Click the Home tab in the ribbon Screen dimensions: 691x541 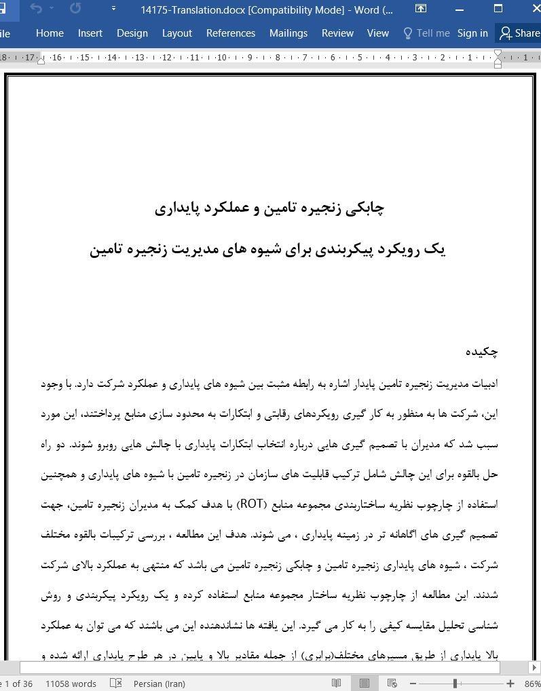[50, 33]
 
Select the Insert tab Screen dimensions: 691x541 [90, 33]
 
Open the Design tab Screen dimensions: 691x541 [132, 33]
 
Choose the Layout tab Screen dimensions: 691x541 [176, 33]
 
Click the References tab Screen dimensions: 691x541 [231, 33]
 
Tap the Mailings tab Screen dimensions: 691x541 [288, 33]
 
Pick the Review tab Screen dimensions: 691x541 [337, 33]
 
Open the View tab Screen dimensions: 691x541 [377, 33]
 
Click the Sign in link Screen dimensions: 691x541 [472, 33]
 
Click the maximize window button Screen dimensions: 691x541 [498, 10]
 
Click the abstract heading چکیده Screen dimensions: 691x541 [481, 352]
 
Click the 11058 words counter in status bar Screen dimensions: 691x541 [71, 684]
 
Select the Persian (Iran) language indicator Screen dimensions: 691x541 [159, 684]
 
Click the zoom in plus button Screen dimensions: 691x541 [510, 684]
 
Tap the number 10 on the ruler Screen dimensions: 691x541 [222, 58]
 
